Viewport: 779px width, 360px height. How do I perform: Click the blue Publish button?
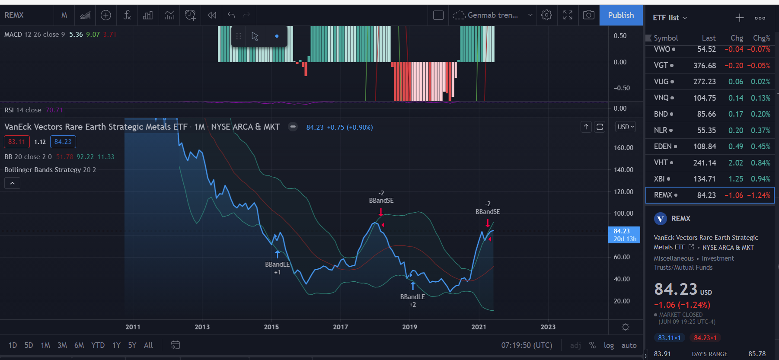(621, 15)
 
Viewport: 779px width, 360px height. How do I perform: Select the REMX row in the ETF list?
(710, 195)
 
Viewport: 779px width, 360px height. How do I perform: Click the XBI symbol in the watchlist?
(659, 179)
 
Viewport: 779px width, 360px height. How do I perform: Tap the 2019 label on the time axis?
(409, 327)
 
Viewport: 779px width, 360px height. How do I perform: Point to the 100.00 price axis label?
(623, 213)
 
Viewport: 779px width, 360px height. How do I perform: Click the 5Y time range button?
(132, 345)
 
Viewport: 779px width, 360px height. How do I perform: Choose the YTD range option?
(98, 345)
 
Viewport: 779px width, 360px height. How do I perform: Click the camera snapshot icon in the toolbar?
(588, 15)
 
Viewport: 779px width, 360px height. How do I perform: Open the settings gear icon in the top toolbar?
(546, 15)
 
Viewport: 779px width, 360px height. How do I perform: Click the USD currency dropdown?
(626, 127)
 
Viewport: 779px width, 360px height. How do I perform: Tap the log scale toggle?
(609, 345)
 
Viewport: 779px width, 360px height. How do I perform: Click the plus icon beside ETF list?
(740, 18)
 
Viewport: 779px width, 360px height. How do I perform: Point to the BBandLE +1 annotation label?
(277, 268)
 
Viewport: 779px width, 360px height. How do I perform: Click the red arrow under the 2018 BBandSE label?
(380, 212)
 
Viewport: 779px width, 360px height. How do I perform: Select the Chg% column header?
(761, 38)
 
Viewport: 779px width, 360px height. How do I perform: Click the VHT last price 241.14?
(705, 162)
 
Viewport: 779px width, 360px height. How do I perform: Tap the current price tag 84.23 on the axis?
(624, 235)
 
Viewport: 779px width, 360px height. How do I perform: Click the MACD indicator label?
(13, 35)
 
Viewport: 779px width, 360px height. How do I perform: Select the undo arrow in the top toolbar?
(231, 15)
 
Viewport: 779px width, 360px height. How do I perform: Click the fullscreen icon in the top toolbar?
(568, 15)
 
